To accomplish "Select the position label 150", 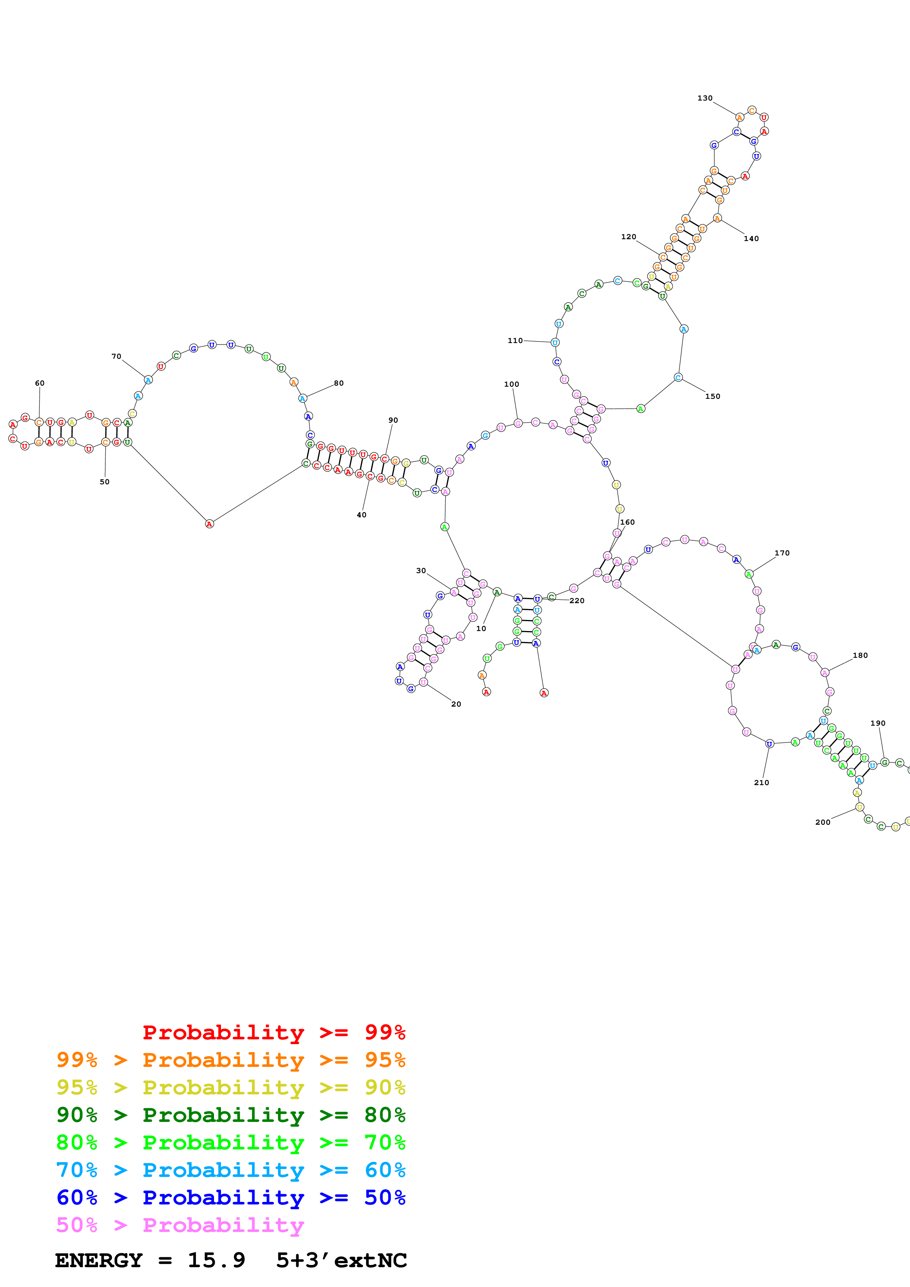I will click(712, 396).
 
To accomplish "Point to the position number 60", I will click(39, 383).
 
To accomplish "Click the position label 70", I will click(116, 357).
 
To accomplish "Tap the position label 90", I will click(393, 420).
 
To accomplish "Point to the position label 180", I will click(860, 656).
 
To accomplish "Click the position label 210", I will click(761, 783).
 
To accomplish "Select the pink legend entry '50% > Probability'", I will click(180, 1225).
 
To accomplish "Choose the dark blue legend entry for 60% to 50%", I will click(231, 1198).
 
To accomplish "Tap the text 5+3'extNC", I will click(341, 1261).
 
